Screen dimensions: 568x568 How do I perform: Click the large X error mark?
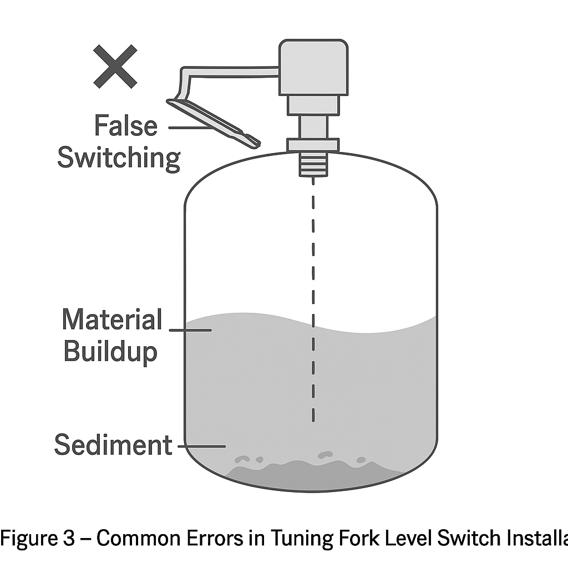115,67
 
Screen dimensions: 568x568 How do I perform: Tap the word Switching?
119,158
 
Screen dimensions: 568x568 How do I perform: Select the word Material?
112,320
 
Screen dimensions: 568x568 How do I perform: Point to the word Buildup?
110,352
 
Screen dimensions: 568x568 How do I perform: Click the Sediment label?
113,445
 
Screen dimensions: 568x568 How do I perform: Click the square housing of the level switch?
313,67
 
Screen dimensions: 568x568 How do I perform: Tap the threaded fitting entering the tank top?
313,164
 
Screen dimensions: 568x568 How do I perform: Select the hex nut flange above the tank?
313,145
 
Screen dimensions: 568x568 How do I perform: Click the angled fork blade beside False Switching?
214,123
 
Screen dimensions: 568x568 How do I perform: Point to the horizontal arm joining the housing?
233,72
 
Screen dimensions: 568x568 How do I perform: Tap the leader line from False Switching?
189,128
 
